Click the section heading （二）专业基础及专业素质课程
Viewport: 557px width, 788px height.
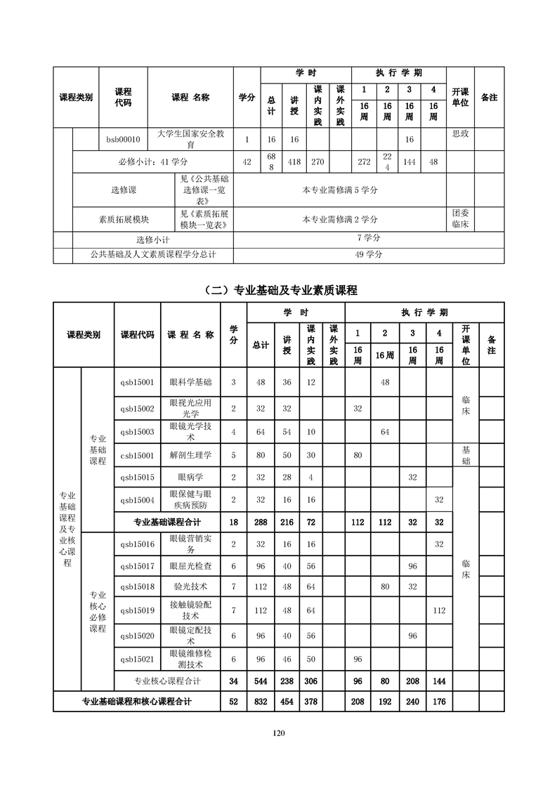(x=278, y=289)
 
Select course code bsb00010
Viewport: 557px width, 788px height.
(x=123, y=139)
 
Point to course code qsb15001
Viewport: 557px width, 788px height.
(x=137, y=382)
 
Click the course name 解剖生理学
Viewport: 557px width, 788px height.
(x=190, y=455)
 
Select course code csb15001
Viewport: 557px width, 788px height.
(x=137, y=455)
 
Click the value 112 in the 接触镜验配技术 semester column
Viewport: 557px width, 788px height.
(x=440, y=610)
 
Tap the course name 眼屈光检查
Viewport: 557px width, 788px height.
(x=190, y=565)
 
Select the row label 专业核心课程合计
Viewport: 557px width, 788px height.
(x=167, y=681)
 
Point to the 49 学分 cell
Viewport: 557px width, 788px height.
(x=369, y=255)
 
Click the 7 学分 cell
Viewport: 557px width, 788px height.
(x=369, y=239)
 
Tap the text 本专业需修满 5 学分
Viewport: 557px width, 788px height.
(x=340, y=190)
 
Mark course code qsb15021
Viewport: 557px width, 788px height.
(x=137, y=659)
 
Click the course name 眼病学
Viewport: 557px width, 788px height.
(x=190, y=477)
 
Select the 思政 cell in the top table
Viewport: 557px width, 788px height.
(x=460, y=133)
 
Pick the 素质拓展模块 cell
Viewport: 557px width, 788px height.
(x=124, y=219)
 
